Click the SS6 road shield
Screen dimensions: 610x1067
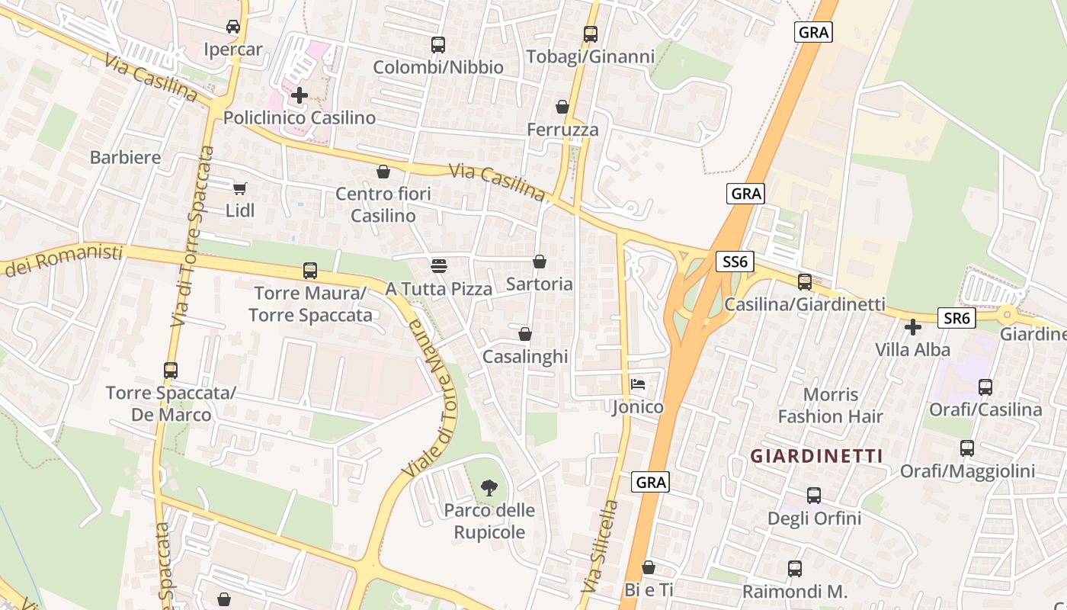click(735, 262)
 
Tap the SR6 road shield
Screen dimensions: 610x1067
click(956, 318)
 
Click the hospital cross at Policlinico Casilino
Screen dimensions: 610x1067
click(300, 95)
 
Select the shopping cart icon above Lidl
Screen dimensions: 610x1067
click(240, 188)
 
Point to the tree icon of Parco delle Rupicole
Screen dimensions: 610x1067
click(489, 487)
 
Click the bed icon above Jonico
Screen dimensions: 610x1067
click(638, 384)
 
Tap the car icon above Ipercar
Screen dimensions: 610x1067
click(233, 27)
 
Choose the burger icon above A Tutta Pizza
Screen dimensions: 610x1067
click(438, 265)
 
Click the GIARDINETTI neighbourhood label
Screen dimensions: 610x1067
click(816, 456)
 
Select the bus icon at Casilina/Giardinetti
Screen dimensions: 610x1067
click(805, 281)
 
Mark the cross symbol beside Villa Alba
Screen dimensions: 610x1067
click(913, 327)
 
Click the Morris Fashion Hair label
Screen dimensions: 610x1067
click(830, 406)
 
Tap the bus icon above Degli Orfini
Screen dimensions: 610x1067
click(814, 496)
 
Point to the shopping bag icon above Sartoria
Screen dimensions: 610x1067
click(540, 262)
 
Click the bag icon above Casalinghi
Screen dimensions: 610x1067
click(525, 334)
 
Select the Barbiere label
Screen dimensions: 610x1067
click(126, 158)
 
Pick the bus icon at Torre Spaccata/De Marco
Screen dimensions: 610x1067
click(171, 371)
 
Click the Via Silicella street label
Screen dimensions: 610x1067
click(599, 545)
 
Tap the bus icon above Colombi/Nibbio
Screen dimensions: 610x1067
click(438, 45)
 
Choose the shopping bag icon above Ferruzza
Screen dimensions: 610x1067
click(562, 107)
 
